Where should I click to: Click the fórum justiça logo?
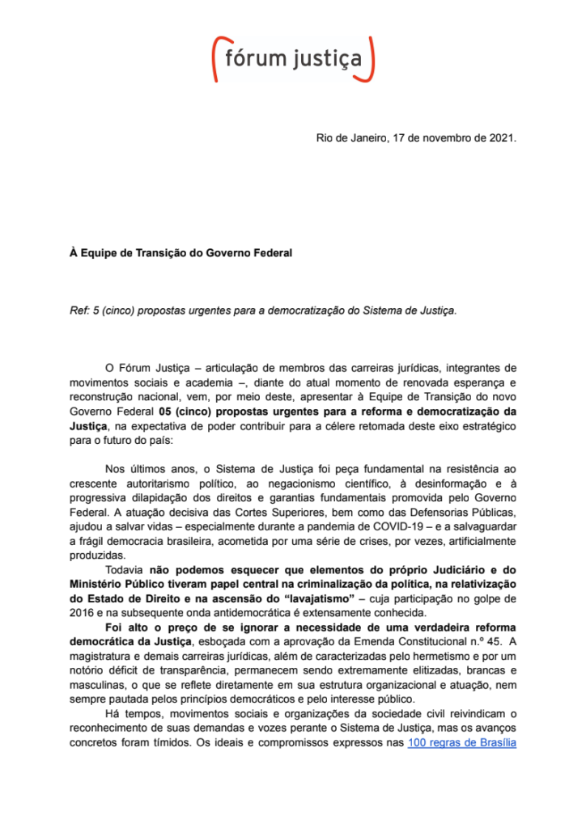point(292,58)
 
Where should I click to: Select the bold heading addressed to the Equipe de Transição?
point(180,253)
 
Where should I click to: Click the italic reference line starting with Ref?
point(263,310)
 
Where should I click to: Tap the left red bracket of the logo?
point(216,58)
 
